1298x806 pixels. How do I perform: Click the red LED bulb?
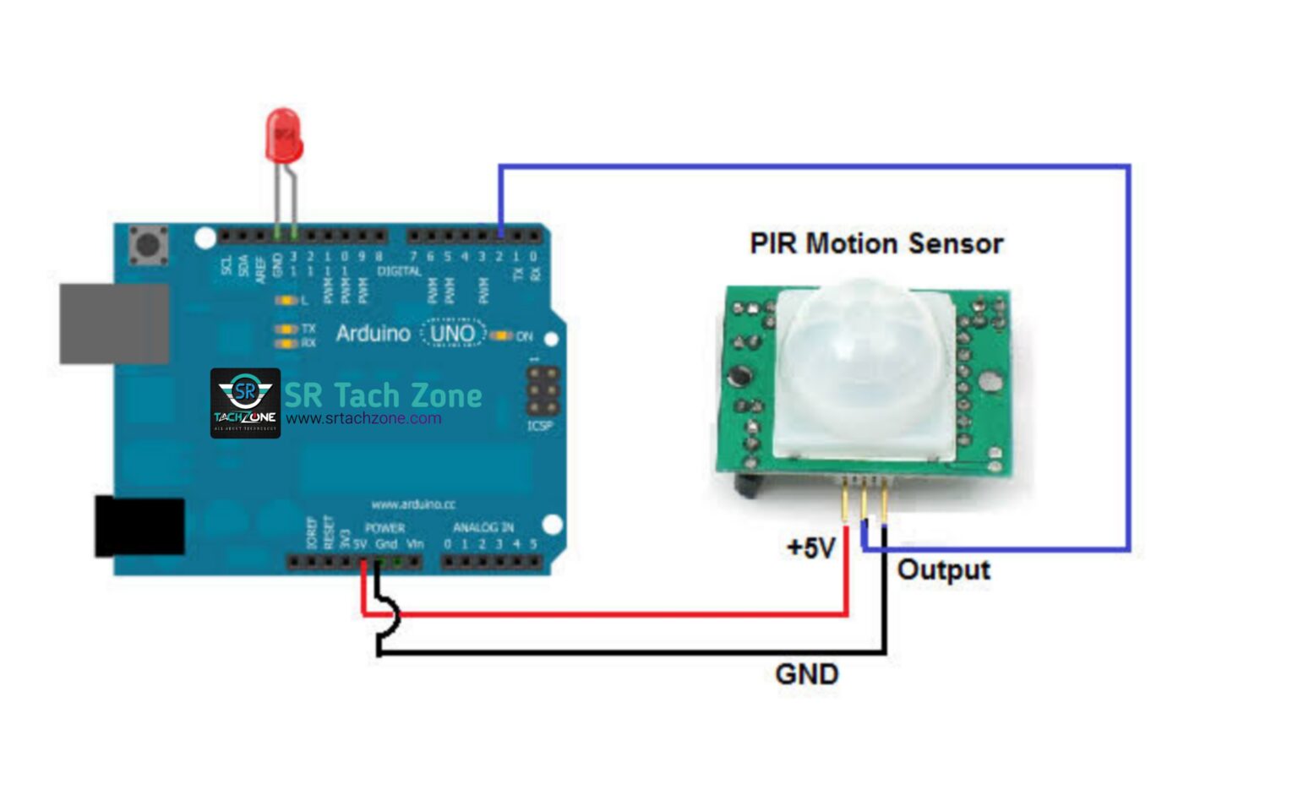(284, 135)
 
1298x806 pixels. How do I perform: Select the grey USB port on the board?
(113, 324)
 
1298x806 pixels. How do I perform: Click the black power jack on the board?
(139, 526)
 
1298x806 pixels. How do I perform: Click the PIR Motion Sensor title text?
(876, 243)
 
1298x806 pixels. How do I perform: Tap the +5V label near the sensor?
(810, 547)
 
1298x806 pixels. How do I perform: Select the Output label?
(943, 569)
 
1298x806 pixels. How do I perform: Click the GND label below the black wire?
(806, 674)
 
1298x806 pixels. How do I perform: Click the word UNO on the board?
(453, 334)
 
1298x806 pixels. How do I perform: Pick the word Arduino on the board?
(373, 334)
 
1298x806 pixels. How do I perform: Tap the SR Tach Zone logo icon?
(245, 403)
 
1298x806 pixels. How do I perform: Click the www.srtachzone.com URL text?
(363, 418)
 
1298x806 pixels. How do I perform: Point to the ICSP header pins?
(543, 389)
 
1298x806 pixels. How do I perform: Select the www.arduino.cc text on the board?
(413, 504)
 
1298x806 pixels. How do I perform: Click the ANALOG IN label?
(483, 527)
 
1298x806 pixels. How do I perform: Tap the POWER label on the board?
(384, 528)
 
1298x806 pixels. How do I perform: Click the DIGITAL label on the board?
(399, 271)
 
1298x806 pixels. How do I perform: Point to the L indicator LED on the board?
(286, 300)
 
